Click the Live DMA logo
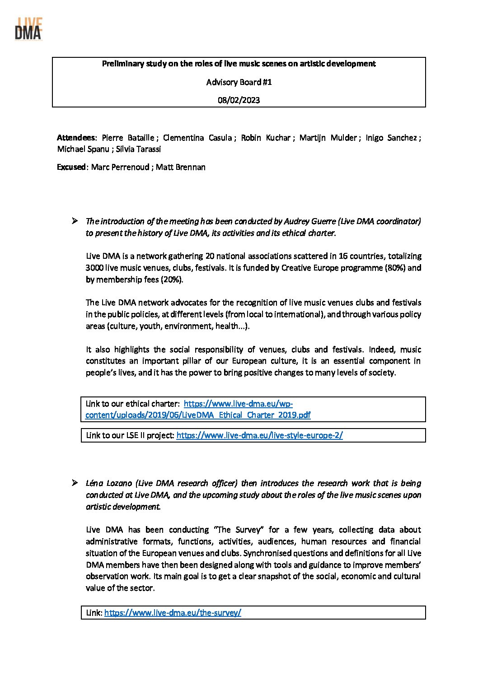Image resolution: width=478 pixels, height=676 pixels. point(28,29)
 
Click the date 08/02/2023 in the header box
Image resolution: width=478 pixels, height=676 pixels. point(239,100)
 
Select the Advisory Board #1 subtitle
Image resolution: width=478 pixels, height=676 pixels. point(239,82)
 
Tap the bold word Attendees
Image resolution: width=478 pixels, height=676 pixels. point(76,138)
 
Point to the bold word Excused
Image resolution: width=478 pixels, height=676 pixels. point(71,167)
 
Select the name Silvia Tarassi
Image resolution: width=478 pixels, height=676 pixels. point(138,149)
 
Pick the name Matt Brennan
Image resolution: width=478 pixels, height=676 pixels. point(181,167)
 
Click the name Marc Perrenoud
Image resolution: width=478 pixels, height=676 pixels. point(120,167)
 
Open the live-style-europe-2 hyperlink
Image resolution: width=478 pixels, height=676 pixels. point(259,435)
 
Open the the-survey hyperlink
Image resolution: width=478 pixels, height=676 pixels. point(173,613)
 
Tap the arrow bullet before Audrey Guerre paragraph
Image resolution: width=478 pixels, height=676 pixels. point(75,221)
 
